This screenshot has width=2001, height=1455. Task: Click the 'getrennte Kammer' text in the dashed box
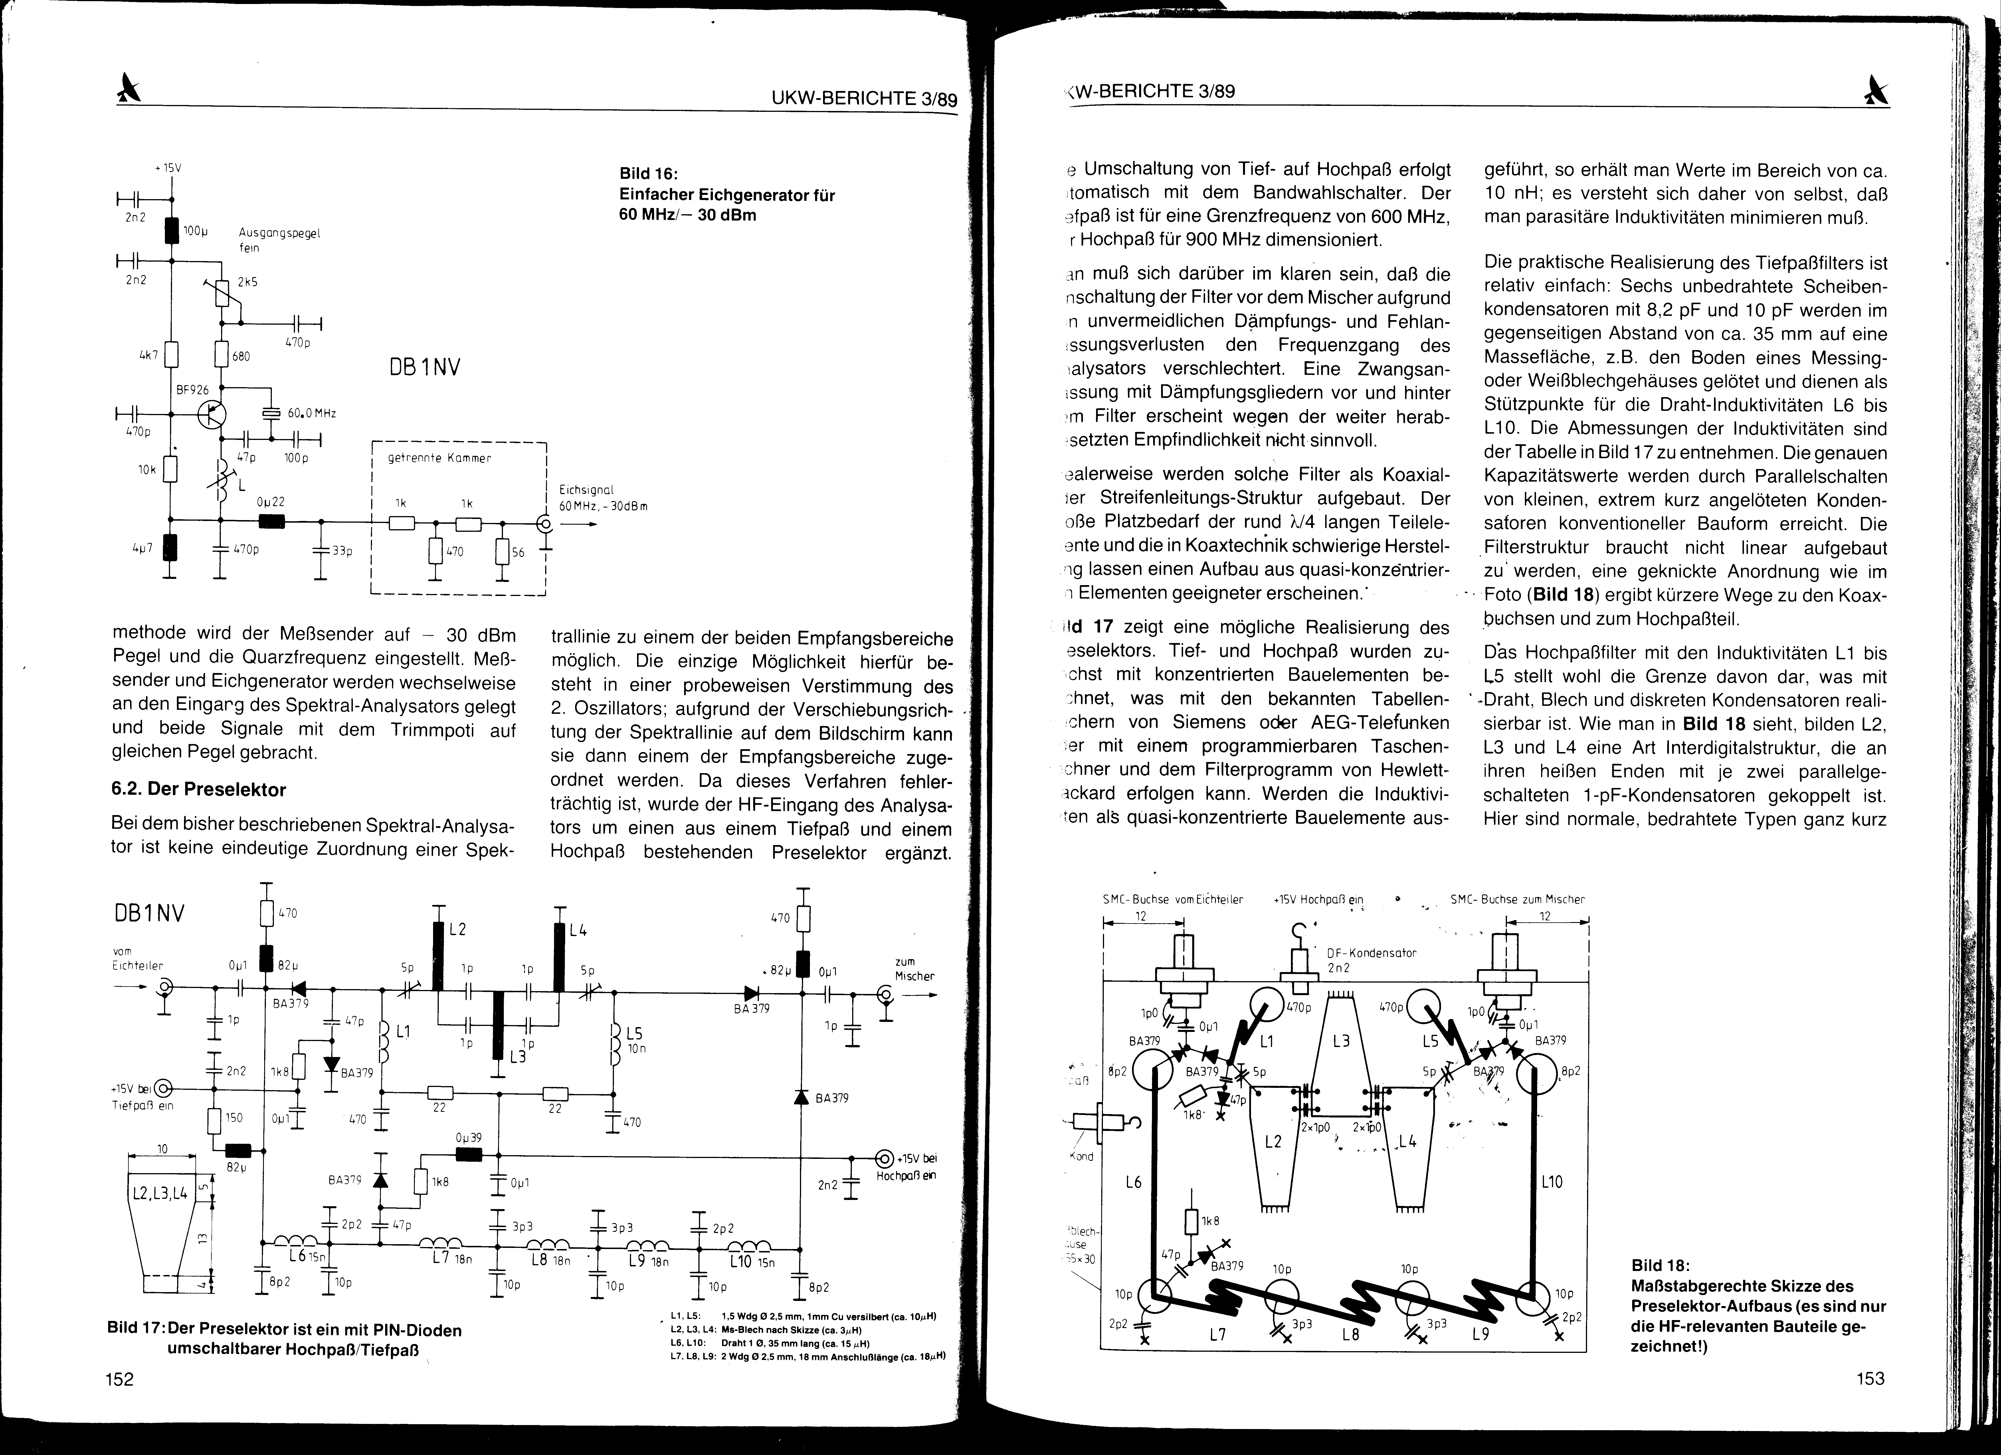(438, 459)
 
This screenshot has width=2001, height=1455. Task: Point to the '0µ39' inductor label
(468, 1138)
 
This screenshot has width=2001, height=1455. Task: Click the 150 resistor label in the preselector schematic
(233, 1118)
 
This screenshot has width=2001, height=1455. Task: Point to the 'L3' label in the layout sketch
(1341, 1041)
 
